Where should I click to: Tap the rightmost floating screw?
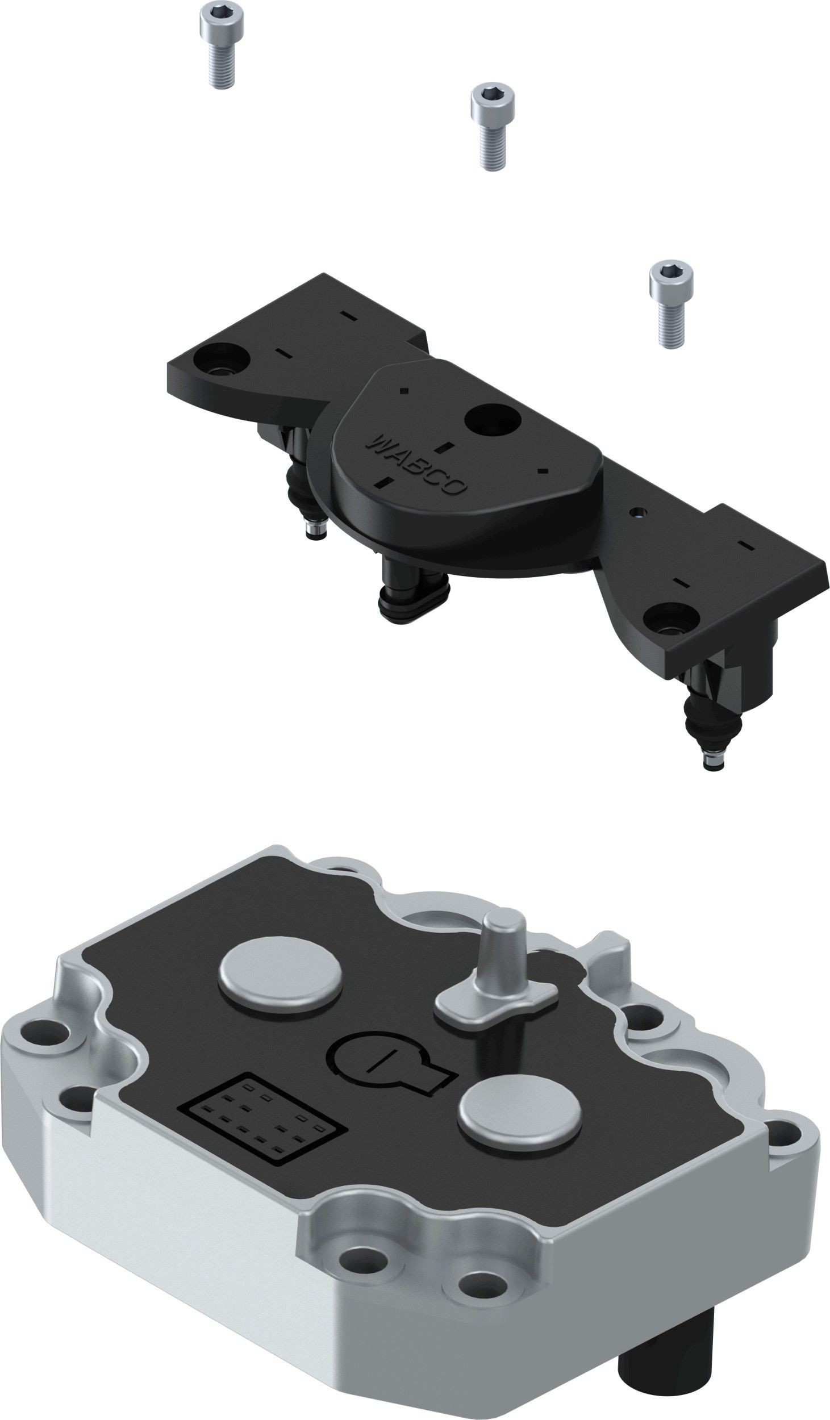point(670,303)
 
